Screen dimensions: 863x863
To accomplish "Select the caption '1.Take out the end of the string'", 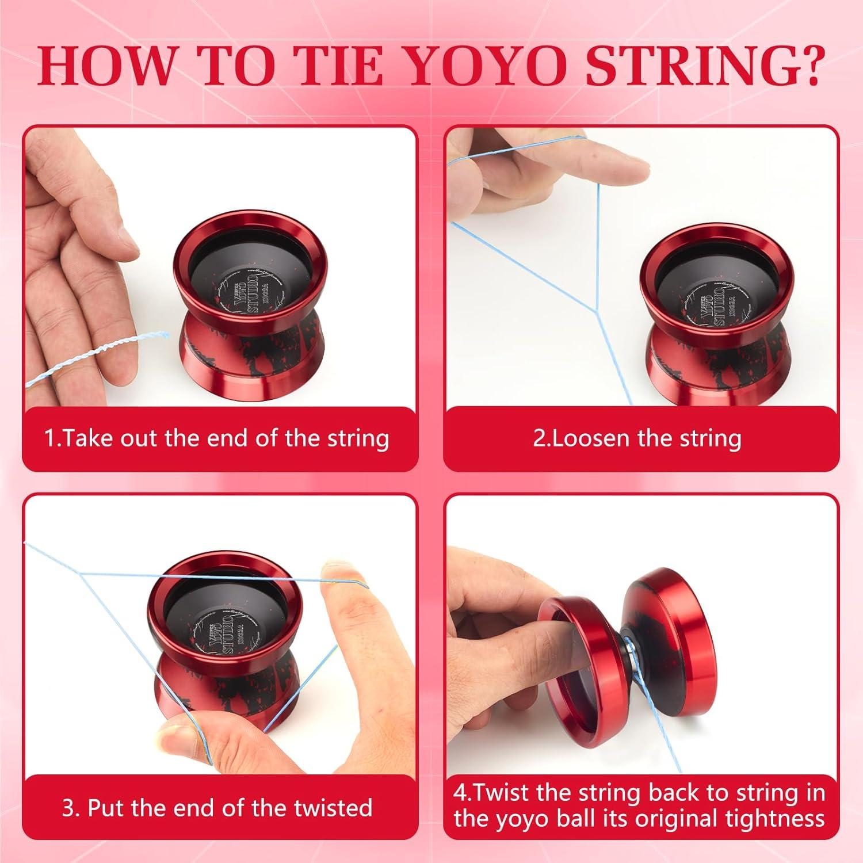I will (217, 439).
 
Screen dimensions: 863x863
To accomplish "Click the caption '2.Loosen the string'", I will (637, 439).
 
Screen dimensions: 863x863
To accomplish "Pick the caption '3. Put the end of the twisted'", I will (217, 808).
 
